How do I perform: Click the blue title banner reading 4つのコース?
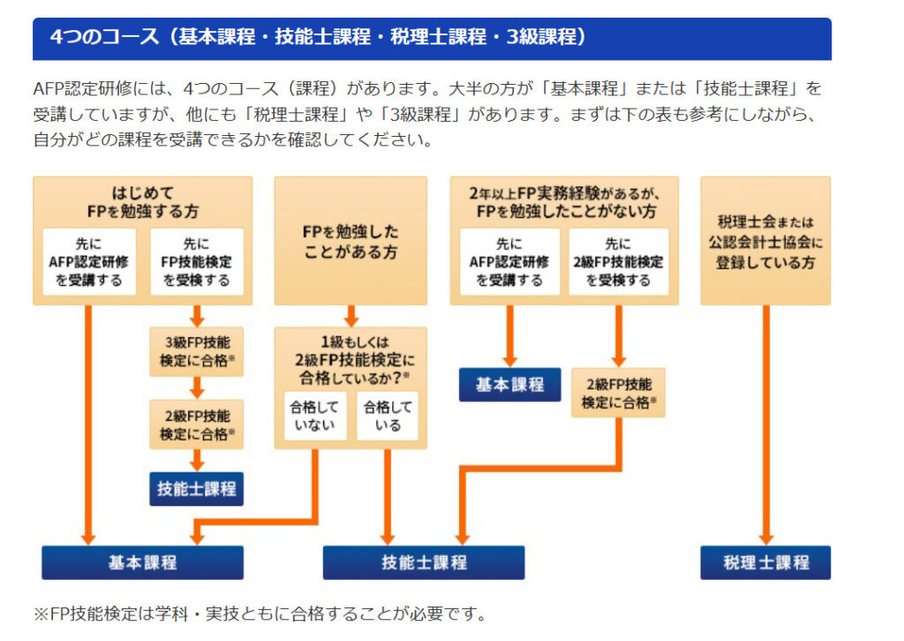pyautogui.click(x=432, y=38)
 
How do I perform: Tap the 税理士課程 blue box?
pyautogui.click(x=765, y=562)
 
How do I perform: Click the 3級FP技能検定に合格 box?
pyautogui.click(x=196, y=351)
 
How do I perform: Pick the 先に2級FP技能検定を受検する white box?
pyautogui.click(x=617, y=261)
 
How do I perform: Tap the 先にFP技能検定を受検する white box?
pyautogui.click(x=196, y=261)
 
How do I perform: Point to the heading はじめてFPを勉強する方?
pyautogui.click(x=142, y=201)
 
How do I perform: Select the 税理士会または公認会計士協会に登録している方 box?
pyautogui.click(x=765, y=240)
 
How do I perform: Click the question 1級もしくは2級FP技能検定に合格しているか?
pyautogui.click(x=350, y=358)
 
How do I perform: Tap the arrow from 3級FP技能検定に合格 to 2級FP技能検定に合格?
pyautogui.click(x=197, y=387)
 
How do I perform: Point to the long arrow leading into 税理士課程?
pyautogui.click(x=765, y=424)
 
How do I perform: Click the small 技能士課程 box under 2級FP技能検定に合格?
pyautogui.click(x=196, y=488)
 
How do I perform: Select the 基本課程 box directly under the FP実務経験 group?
pyautogui.click(x=509, y=384)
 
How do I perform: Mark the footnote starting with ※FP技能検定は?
pyautogui.click(x=260, y=614)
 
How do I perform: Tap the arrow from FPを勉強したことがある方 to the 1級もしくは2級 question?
pyautogui.click(x=350, y=315)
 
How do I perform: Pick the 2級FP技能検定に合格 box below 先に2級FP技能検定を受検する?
pyautogui.click(x=617, y=393)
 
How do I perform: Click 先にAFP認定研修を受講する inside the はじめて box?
pyautogui.click(x=89, y=261)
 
